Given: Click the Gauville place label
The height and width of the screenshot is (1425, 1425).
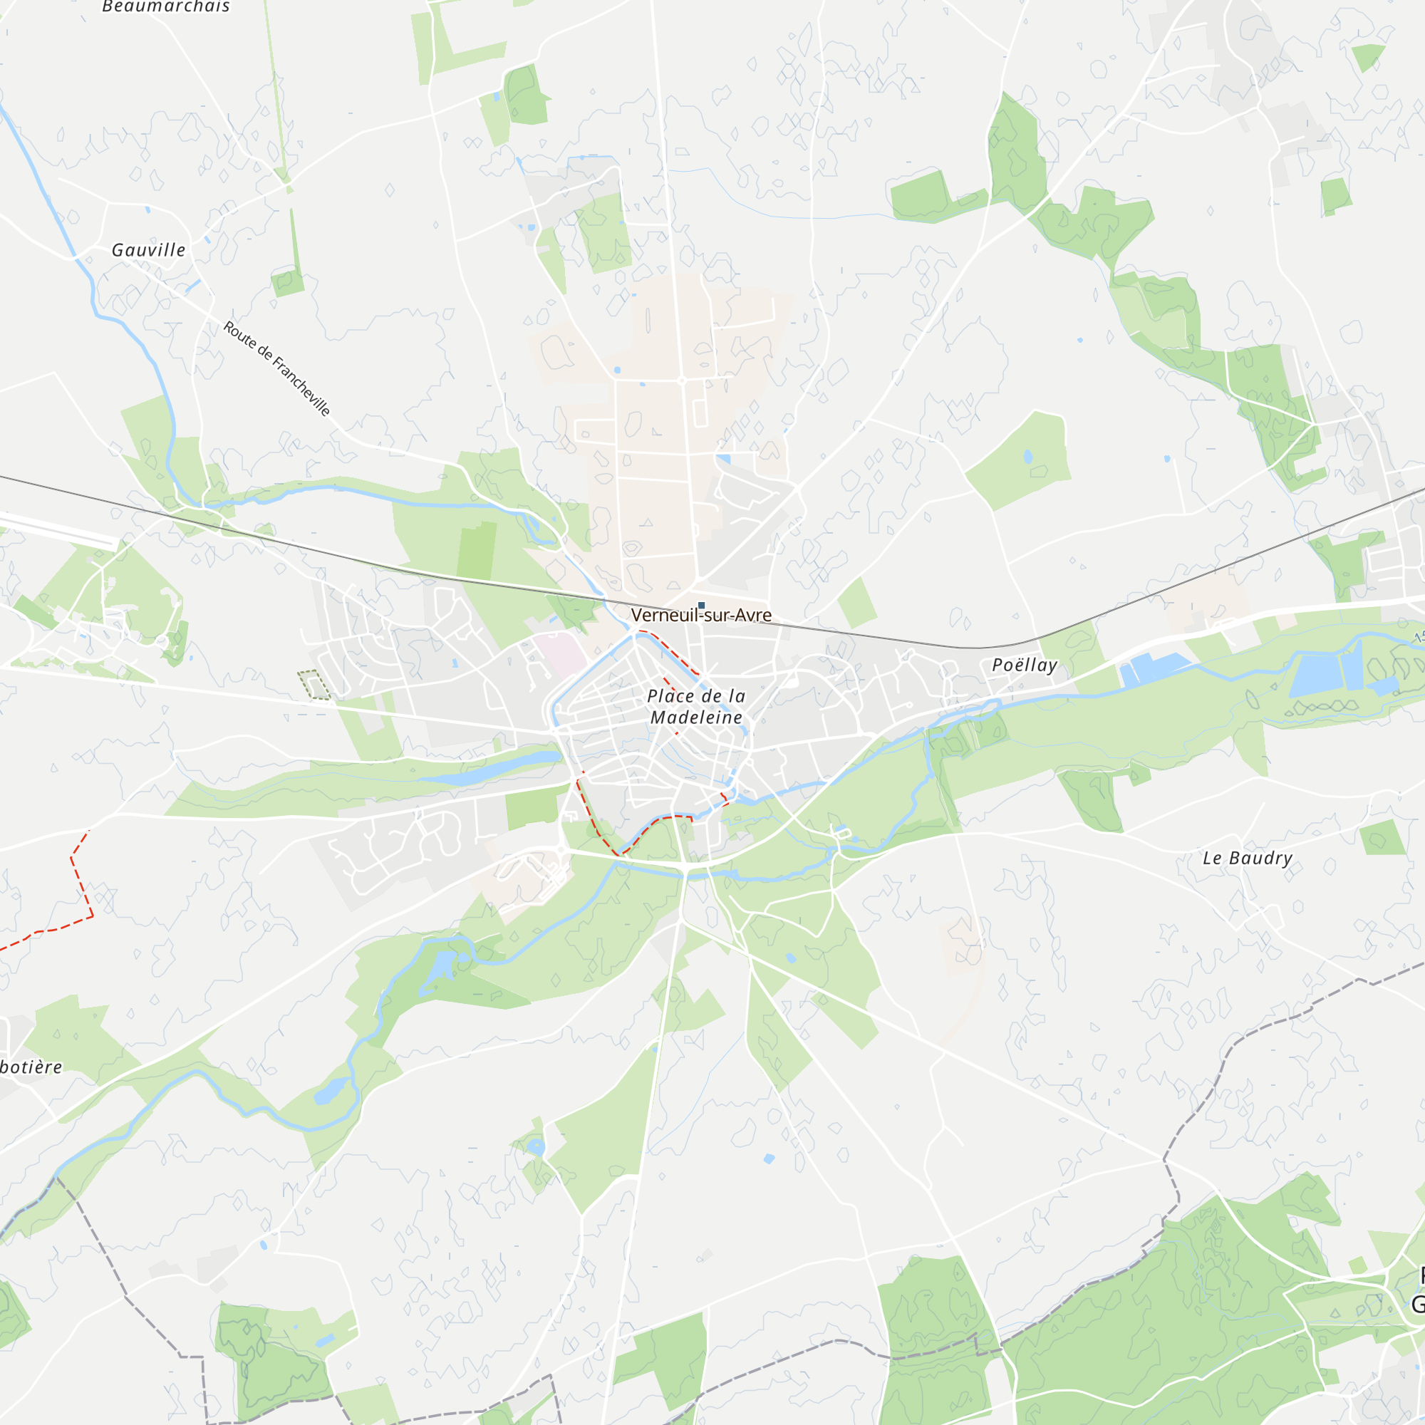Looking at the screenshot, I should [148, 250].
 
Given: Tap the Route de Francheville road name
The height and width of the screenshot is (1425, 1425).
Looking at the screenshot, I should [276, 368].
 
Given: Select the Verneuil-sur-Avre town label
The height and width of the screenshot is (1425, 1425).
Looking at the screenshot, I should [700, 615].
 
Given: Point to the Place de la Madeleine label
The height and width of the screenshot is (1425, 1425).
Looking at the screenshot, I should [696, 706].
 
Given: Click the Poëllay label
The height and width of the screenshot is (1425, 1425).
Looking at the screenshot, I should [1025, 665].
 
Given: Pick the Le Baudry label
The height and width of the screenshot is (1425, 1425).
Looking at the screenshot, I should [1248, 858].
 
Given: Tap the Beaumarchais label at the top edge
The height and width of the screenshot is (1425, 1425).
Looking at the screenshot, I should [166, 6].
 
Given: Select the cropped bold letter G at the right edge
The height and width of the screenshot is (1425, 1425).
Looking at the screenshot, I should [1418, 1304].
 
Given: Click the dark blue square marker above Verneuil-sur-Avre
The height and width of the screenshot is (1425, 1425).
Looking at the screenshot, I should [701, 606].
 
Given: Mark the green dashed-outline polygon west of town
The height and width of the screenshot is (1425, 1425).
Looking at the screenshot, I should [314, 685].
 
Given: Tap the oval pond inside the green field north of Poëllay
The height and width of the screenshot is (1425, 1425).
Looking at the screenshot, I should [1028, 457].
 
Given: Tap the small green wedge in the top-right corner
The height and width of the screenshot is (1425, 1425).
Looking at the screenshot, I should [1368, 56].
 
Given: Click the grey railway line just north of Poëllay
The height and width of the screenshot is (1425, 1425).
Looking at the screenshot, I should [1025, 641].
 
